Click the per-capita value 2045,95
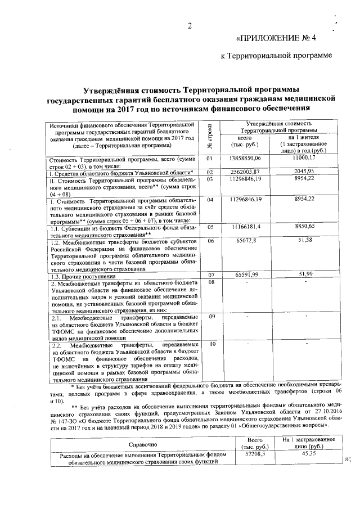307,171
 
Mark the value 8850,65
307,226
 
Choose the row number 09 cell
212,317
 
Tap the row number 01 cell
211,160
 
